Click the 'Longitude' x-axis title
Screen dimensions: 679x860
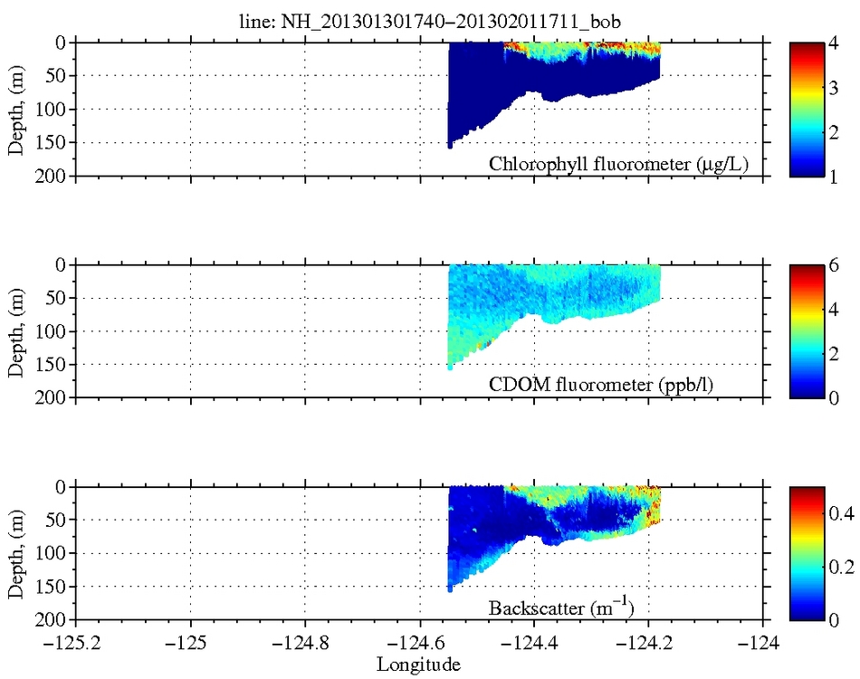(418, 665)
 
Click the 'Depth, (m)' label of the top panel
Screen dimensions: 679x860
(15, 109)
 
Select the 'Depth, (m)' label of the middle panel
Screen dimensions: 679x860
(15, 330)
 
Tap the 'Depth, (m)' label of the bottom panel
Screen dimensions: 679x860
(15, 552)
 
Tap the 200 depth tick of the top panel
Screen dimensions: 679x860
(50, 176)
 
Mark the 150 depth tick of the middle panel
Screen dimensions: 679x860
(50, 365)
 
